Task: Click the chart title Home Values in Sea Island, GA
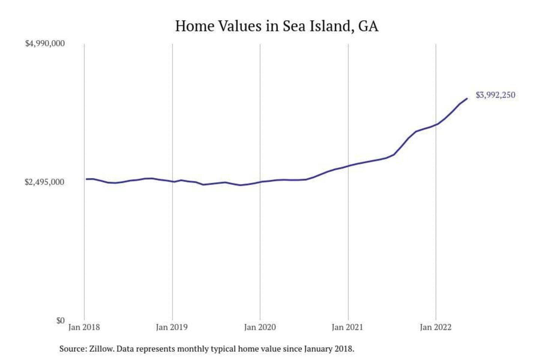[x=277, y=26]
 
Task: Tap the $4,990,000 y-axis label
[x=45, y=43]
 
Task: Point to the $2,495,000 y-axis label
[x=45, y=182]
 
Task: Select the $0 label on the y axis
[x=60, y=321]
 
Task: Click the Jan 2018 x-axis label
[x=84, y=327]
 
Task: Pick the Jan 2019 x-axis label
[x=172, y=327]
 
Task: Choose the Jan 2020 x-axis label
[x=260, y=327]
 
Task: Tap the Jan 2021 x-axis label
[x=348, y=327]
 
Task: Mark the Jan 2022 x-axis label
[x=435, y=327]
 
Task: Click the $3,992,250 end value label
[x=495, y=95]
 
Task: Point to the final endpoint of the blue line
[x=467, y=99]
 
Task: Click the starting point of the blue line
[x=86, y=179]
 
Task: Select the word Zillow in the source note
[x=101, y=349]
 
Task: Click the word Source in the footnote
[x=72, y=349]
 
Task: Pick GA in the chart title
[x=368, y=26]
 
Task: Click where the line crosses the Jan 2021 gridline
[x=348, y=166]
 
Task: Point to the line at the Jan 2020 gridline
[x=260, y=182]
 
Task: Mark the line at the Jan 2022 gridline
[x=436, y=124]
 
